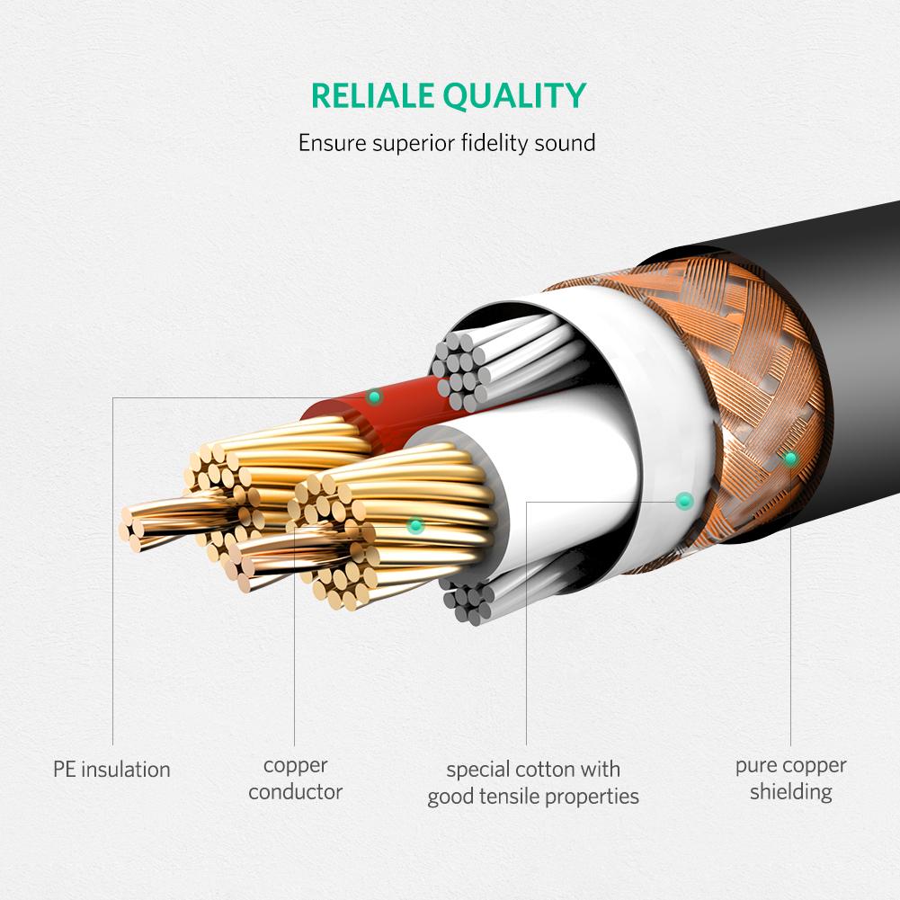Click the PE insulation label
(111, 770)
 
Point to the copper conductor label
(295, 779)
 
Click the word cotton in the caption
(548, 770)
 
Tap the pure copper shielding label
(790, 779)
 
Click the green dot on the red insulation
(374, 397)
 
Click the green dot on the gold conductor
(414, 526)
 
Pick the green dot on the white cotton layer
(684, 499)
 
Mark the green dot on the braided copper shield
(790, 459)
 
